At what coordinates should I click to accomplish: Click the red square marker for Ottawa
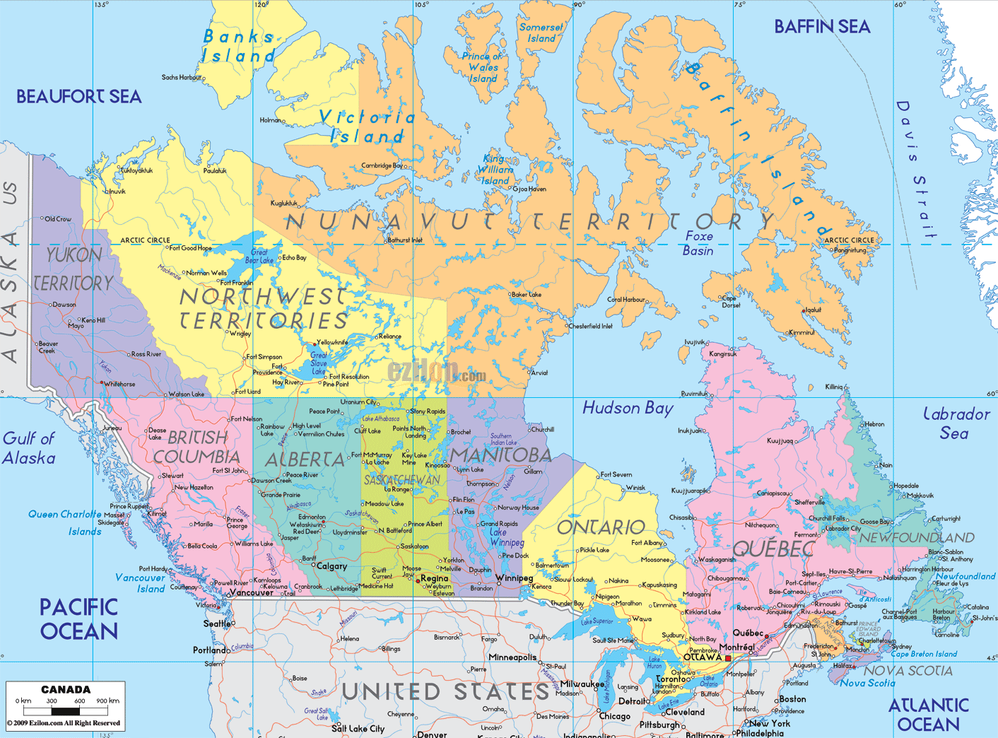728,658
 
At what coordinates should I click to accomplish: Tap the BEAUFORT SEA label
78,97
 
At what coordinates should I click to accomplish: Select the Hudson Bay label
628,408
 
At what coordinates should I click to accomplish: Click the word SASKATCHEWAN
401,480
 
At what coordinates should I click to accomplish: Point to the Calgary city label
331,566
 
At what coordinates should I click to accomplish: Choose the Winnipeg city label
514,578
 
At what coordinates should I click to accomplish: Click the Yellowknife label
332,342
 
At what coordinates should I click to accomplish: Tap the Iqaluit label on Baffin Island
812,310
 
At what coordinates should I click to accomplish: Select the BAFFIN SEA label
822,27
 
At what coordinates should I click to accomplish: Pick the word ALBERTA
305,460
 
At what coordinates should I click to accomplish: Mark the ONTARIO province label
601,527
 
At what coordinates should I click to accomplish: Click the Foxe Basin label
698,243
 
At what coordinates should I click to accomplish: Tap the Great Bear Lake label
259,256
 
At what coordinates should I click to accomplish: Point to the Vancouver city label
251,592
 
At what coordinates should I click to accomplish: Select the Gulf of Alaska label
29,448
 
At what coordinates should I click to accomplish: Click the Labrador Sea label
956,423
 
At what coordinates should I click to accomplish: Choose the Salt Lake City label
358,729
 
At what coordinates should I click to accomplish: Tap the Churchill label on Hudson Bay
542,429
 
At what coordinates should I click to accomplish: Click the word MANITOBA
500,455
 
